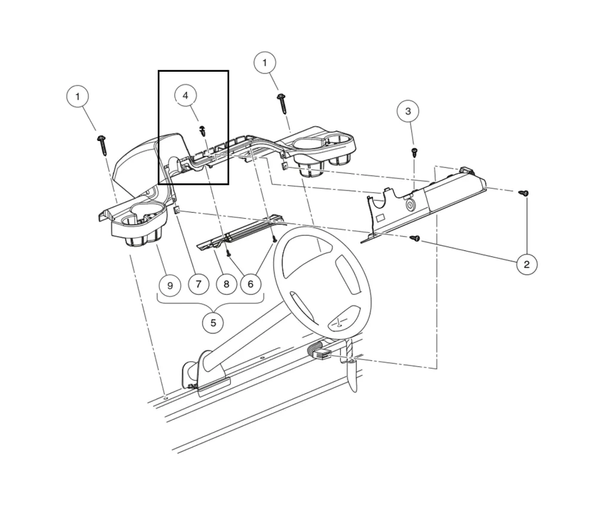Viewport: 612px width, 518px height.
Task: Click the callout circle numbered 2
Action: tap(526, 264)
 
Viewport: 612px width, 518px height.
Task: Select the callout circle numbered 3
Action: tap(408, 111)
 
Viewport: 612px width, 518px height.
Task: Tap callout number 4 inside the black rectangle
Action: tap(185, 96)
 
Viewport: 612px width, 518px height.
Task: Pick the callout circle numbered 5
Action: tap(213, 323)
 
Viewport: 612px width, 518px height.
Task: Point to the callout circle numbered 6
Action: tap(250, 284)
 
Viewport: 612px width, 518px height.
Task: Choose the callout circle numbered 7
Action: tap(198, 284)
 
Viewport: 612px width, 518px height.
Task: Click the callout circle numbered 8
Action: tap(226, 284)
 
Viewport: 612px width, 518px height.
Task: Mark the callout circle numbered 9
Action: tap(170, 285)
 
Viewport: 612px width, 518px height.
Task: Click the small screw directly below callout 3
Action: tap(414, 152)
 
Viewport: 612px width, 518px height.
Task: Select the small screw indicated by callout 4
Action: tap(203, 131)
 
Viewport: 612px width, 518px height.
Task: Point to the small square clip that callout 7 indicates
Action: tap(177, 210)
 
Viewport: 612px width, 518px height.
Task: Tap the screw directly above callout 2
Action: tap(524, 193)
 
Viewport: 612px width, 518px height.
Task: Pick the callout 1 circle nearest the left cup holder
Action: tap(77, 96)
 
